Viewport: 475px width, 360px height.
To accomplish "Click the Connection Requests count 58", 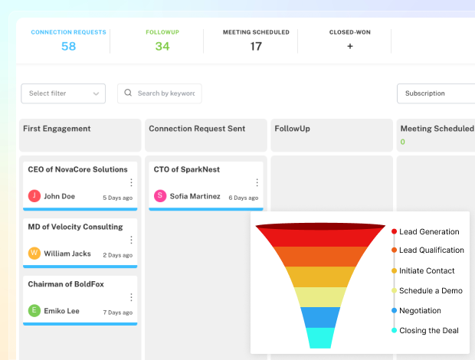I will tap(68, 46).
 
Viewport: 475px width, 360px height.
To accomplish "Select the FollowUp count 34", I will tap(162, 46).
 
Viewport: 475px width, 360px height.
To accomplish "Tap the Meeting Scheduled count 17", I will tap(256, 46).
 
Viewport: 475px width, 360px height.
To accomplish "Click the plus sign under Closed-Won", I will tap(350, 46).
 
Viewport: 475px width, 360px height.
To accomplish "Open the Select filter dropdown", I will tap(64, 93).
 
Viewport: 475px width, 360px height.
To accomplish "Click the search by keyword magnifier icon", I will tap(128, 93).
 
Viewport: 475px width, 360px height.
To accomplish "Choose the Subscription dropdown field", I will tap(435, 93).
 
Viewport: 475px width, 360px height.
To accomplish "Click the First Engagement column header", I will tap(57, 129).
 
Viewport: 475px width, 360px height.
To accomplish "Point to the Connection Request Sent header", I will tap(197, 129).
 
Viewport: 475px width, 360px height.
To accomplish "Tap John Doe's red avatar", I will tap(34, 196).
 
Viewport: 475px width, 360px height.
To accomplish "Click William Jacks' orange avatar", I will tap(34, 254).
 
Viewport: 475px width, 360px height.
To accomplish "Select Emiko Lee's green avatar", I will tap(34, 311).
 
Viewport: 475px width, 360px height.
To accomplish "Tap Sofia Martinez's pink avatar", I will tap(160, 196).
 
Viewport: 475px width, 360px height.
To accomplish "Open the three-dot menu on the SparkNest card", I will tap(257, 183).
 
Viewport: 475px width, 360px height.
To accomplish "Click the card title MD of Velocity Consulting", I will tap(75, 227).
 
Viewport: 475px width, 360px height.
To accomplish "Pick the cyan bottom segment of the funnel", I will tap(320, 338).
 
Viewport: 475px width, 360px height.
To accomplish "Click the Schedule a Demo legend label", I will tap(430, 290).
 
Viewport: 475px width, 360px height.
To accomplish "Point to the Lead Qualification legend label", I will tap(431, 250).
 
